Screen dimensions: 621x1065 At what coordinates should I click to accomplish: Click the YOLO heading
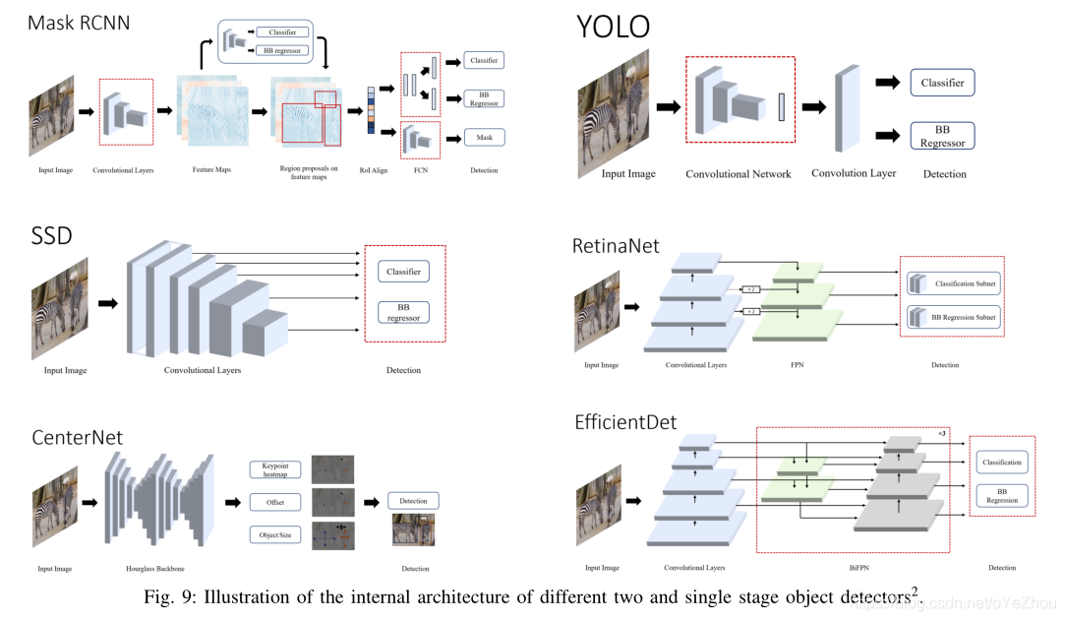(614, 27)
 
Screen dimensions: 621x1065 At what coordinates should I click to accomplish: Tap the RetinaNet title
(616, 246)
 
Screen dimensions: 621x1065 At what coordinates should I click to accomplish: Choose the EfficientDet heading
(625, 423)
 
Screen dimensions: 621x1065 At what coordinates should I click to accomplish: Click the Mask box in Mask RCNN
(484, 138)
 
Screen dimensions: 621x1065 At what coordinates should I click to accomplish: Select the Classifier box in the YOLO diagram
(942, 84)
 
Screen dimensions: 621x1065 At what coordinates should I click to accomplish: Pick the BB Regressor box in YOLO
(942, 136)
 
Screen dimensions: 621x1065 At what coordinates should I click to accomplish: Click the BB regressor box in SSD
(403, 312)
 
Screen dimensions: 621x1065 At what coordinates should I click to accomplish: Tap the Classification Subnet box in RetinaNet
(951, 284)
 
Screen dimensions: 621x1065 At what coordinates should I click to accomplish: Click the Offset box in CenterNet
(274, 502)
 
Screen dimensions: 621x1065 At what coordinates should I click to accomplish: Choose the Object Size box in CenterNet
(274, 535)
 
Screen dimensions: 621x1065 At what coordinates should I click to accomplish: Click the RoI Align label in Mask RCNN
(373, 170)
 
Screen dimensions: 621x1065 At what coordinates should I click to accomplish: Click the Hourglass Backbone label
(156, 569)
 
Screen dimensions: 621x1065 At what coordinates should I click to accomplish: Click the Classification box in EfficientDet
(1002, 463)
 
